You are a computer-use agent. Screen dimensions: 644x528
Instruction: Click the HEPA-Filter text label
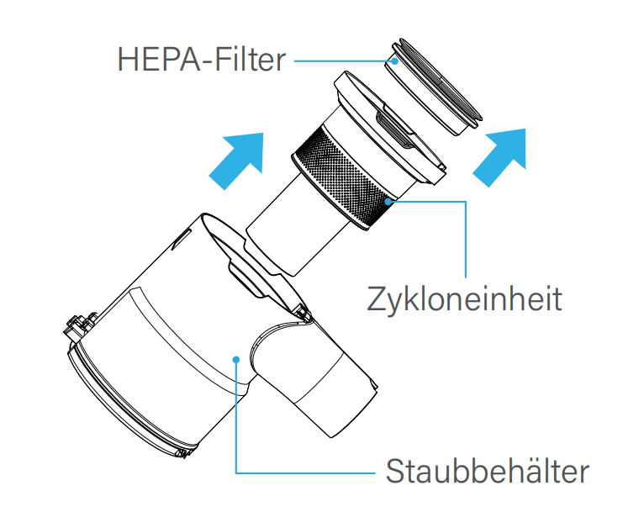point(201,60)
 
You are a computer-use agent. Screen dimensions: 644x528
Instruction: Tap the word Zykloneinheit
point(464,299)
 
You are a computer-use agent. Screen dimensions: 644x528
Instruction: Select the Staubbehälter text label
point(488,471)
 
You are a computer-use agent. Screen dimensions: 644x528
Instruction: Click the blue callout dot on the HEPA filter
point(394,61)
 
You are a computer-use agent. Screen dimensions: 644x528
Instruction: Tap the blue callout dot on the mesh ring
point(388,201)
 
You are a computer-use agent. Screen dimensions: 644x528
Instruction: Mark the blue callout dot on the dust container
point(235,360)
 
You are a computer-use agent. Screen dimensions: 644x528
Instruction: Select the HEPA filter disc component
point(433,87)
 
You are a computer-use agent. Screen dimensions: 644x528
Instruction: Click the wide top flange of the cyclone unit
point(390,127)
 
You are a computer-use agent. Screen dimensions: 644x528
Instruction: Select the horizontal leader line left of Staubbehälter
point(305,473)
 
